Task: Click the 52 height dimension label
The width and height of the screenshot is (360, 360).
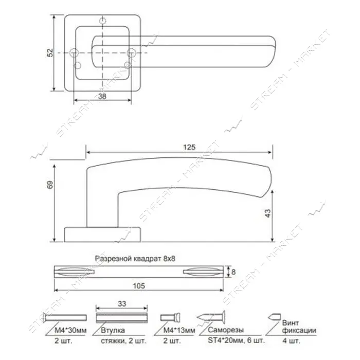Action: point(50,52)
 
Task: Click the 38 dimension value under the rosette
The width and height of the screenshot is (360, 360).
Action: point(102,96)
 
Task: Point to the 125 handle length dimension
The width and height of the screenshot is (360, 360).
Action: point(189,147)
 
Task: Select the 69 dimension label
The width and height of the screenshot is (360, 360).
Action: point(50,185)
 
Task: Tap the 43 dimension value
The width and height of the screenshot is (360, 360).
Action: point(268,213)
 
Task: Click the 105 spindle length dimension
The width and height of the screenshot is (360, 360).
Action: point(139,286)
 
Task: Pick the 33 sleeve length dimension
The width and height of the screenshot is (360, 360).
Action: point(122,304)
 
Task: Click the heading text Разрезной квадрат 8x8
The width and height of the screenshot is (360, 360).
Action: point(135,259)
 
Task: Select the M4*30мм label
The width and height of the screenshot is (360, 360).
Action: point(70,330)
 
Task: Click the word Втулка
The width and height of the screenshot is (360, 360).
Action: point(113,330)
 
